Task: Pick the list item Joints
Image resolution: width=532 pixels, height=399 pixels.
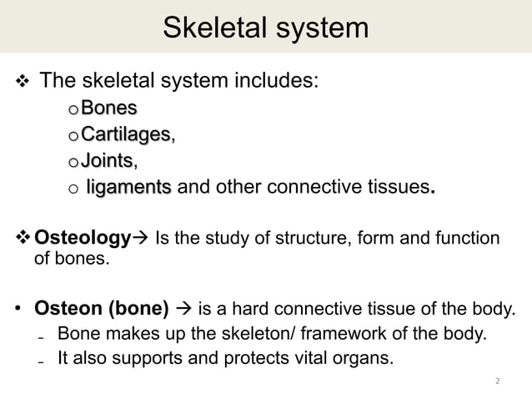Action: tap(108, 159)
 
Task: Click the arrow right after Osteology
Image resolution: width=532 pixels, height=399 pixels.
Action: tap(143, 240)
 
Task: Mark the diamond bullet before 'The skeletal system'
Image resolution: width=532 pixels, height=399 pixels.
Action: tap(23, 82)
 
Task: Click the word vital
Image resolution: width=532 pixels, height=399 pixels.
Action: tap(320, 360)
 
